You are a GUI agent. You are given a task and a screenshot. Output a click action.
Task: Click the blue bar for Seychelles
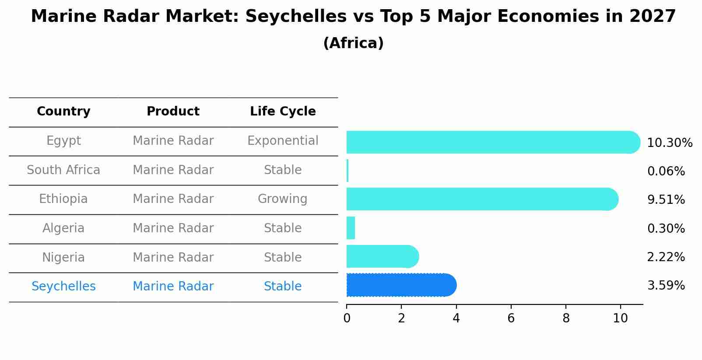click(400, 285)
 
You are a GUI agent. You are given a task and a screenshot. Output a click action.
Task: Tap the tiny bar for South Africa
click(347, 171)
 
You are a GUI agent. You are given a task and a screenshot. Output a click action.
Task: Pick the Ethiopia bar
click(481, 199)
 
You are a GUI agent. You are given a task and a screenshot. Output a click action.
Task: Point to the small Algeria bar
click(351, 228)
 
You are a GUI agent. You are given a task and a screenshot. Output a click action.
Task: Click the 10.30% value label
click(669, 143)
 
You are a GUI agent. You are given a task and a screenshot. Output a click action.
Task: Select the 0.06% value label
click(666, 171)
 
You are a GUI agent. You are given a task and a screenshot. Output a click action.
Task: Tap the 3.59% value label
click(666, 286)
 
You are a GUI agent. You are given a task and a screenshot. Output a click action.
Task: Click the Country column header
click(63, 112)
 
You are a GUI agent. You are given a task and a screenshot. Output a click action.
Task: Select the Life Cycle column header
click(283, 112)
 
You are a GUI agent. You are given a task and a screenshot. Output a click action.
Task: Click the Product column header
click(173, 112)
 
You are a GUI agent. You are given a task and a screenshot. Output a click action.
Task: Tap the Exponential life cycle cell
click(283, 141)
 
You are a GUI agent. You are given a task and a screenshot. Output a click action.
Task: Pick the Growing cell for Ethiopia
click(282, 199)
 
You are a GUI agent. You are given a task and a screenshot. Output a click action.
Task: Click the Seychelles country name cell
click(63, 287)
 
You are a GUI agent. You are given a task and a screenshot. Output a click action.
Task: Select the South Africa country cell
click(63, 170)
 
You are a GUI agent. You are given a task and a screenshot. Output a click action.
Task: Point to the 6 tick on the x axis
click(511, 318)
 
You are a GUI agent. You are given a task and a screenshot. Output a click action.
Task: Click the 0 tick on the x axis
click(347, 318)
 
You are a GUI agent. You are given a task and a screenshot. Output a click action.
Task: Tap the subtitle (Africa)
click(353, 43)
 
